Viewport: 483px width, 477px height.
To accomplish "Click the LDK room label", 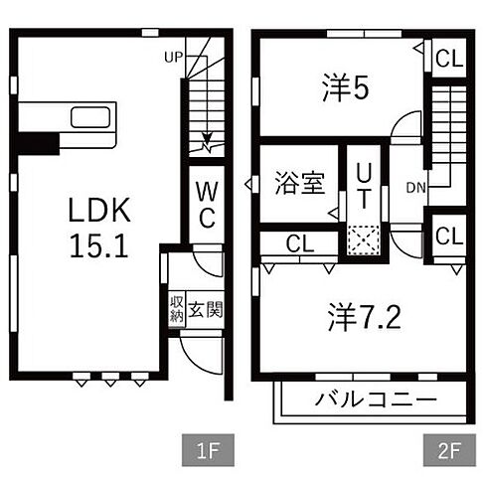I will point(97,210).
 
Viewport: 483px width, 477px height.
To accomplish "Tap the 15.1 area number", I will point(97,246).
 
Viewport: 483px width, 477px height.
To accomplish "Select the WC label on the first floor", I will point(206,204).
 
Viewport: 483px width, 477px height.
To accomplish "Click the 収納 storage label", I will point(176,308).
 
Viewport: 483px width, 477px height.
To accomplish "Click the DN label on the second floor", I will point(417,187).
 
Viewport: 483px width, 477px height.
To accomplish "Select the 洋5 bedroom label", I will point(345,89).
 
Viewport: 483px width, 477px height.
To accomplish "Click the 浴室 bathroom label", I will point(299,184).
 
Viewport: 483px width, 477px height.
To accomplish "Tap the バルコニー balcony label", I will point(376,400).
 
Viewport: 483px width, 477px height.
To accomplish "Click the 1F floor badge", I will point(206,450).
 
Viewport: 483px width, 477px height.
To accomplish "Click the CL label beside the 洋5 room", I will point(448,58).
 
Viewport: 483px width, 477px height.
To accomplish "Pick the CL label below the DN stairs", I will point(448,237).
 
